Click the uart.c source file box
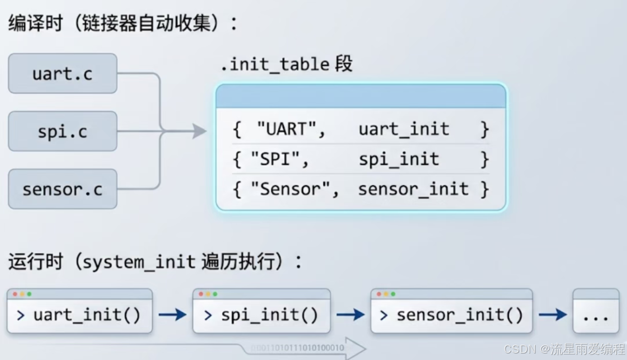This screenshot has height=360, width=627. (63, 73)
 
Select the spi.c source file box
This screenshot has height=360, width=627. (63, 131)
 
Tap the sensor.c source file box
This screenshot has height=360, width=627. (63, 189)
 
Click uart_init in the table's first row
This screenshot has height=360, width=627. (403, 129)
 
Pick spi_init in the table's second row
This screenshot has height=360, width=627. (398, 160)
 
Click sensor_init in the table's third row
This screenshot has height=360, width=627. (413, 189)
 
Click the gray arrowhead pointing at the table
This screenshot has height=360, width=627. (199, 131)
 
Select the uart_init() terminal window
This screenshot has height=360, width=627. (80, 311)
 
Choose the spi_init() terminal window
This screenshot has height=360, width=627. (262, 311)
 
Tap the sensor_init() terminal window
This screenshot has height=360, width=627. (451, 311)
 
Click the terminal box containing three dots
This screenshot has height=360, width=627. (596, 311)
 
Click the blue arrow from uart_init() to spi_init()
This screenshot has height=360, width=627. (173, 315)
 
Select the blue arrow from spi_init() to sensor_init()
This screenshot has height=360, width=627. (351, 315)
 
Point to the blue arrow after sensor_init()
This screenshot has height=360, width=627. (553, 315)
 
